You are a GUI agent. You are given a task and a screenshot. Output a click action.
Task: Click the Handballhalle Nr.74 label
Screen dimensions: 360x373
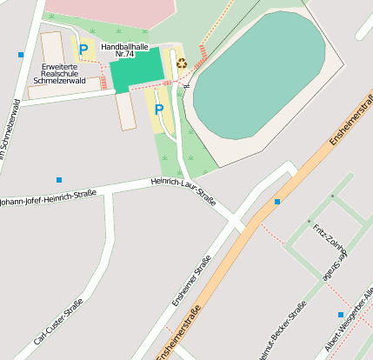click(123, 50)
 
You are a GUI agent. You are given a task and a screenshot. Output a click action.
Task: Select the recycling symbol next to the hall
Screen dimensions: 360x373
click(182, 62)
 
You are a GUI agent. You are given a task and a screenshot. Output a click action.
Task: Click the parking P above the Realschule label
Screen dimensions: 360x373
click(83, 50)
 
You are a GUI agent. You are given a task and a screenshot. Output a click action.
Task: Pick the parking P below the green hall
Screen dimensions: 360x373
click(159, 110)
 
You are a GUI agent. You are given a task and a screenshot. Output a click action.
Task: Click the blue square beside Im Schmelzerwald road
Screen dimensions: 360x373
click(21, 55)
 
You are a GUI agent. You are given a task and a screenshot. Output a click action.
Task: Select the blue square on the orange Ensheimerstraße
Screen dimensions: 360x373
click(277, 202)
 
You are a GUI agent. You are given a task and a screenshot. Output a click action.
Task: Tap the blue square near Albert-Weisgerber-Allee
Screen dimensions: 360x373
click(340, 314)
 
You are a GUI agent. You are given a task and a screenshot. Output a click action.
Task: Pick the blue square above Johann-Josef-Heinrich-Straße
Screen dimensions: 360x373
click(59, 180)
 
